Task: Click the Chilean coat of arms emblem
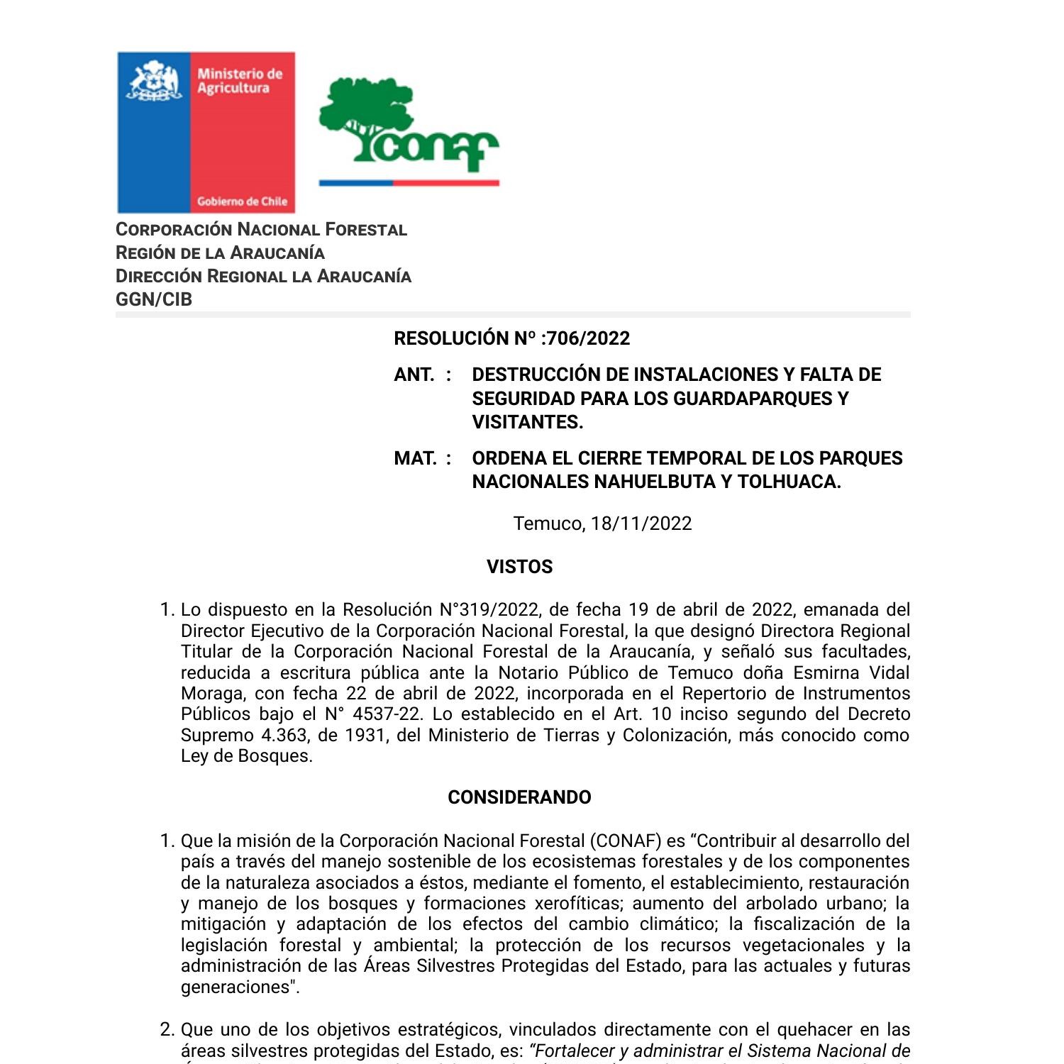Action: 154,82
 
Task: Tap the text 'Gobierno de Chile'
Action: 242,201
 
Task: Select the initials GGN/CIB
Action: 154,299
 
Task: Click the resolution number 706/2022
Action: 588,338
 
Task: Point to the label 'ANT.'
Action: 414,375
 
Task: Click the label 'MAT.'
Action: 415,458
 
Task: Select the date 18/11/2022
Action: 641,523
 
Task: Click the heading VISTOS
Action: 519,567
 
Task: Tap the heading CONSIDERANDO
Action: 519,797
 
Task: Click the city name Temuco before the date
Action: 548,523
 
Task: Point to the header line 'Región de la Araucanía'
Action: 220,253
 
